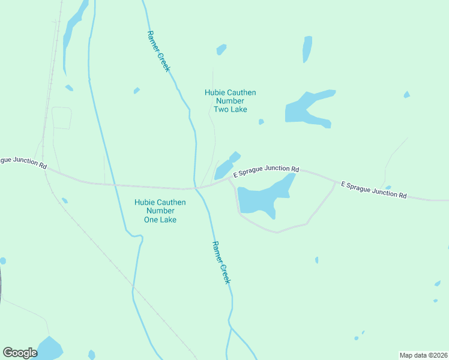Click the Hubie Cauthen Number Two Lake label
point(230,101)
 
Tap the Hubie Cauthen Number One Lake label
point(160,211)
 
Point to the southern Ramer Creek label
point(221,262)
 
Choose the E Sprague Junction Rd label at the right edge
point(373,190)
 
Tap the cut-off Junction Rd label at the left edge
point(23,161)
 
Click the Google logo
point(20,353)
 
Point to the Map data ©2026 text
point(423,355)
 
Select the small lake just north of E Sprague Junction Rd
point(225,166)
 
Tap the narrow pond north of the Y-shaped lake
point(307,49)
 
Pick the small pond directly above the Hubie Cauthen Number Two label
point(221,49)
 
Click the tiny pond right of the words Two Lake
point(261,122)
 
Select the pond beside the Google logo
point(50,347)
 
